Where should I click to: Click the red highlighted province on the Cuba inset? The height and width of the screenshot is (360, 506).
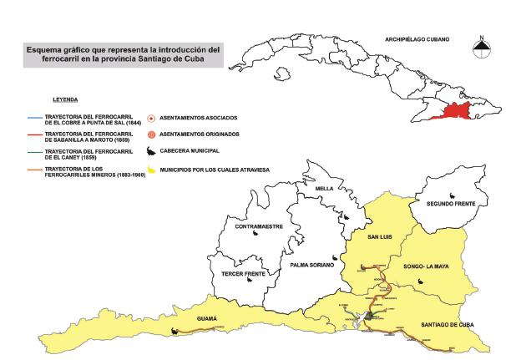click(458, 112)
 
